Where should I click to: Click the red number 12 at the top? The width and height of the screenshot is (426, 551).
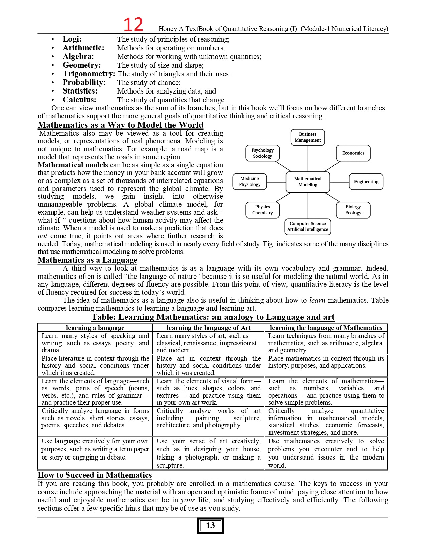(x=133, y=25)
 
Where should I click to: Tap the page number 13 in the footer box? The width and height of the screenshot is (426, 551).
(x=210, y=525)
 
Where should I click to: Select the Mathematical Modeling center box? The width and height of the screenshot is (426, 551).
(x=308, y=182)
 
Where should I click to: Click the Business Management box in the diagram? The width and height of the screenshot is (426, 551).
(x=308, y=137)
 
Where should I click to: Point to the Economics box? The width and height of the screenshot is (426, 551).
(x=353, y=153)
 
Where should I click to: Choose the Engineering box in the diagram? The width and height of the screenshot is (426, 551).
(x=366, y=182)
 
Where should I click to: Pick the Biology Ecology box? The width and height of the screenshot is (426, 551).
(x=353, y=210)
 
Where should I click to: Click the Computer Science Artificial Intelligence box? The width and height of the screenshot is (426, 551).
(x=308, y=227)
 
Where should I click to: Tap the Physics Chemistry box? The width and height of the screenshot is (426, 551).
(x=262, y=210)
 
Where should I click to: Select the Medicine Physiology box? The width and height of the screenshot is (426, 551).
(x=250, y=182)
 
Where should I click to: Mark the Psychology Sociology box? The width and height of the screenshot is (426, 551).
(x=262, y=153)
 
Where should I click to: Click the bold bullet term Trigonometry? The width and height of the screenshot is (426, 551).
(x=89, y=74)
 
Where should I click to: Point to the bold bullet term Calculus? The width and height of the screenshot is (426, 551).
(x=80, y=100)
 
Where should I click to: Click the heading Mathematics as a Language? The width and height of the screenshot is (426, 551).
(x=88, y=260)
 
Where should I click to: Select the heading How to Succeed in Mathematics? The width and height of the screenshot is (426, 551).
(x=95, y=475)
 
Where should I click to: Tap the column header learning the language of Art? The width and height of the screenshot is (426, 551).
(x=208, y=328)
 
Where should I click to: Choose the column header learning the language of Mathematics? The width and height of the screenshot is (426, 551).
(x=326, y=328)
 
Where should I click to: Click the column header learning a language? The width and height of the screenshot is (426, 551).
(x=95, y=328)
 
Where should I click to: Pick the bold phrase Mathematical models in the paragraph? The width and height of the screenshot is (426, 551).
(x=73, y=165)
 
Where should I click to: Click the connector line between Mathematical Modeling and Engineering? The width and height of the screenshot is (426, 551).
(x=339, y=182)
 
